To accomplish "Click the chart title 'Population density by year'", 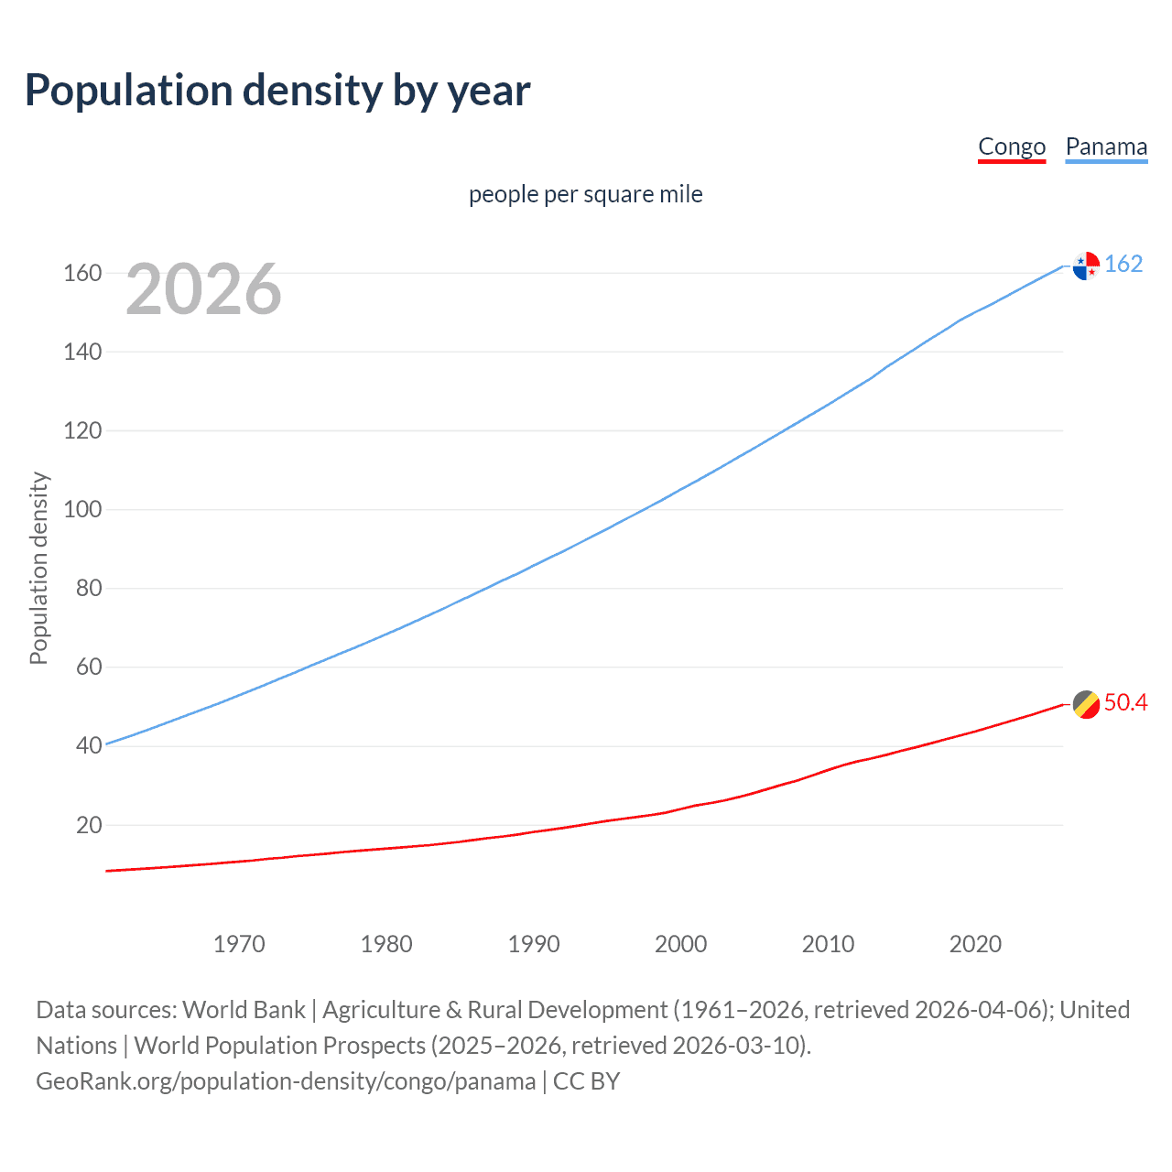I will pyautogui.click(x=277, y=91).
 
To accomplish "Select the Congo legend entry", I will pyautogui.click(x=1012, y=146).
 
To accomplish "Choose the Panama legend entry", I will pyautogui.click(x=1106, y=146).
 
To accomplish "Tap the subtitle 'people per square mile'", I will pyautogui.click(x=585, y=195).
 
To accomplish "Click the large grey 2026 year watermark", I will pyautogui.click(x=203, y=289).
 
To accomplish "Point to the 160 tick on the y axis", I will pyautogui.click(x=82, y=273).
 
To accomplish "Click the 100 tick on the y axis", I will pyautogui.click(x=82, y=509).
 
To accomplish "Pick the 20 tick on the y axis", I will pyautogui.click(x=89, y=825).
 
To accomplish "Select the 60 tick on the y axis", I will pyautogui.click(x=89, y=667).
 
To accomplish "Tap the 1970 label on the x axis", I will pyautogui.click(x=239, y=944).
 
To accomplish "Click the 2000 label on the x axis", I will pyautogui.click(x=680, y=944).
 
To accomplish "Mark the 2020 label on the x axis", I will pyautogui.click(x=975, y=944).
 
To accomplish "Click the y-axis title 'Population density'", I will pyautogui.click(x=38, y=568).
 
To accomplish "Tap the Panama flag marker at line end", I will pyautogui.click(x=1086, y=266).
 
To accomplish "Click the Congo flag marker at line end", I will pyautogui.click(x=1086, y=704).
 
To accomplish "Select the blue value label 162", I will pyautogui.click(x=1123, y=265).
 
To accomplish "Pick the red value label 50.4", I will pyautogui.click(x=1125, y=703).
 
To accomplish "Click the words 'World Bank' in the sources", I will pyautogui.click(x=244, y=1010).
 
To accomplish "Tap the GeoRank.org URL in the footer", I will pyautogui.click(x=286, y=1081).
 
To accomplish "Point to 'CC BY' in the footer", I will pyautogui.click(x=587, y=1081).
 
